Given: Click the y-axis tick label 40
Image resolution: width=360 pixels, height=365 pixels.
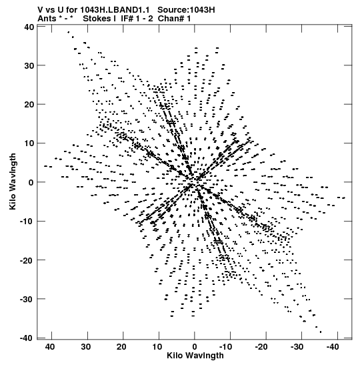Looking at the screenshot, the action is pyautogui.click(x=29, y=27).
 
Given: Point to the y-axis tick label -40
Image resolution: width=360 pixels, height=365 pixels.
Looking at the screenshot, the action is pyautogui.click(x=27, y=338).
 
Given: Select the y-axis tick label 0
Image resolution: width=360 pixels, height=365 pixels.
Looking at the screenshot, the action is pyautogui.click(x=31, y=183).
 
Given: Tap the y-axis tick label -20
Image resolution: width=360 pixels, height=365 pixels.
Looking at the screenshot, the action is pyautogui.click(x=27, y=260).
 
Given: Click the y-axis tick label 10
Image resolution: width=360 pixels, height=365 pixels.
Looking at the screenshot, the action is pyautogui.click(x=29, y=143).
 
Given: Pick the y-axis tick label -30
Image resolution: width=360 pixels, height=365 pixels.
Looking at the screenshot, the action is pyautogui.click(x=27, y=299).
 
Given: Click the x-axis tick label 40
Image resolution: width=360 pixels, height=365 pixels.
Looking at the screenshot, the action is pyautogui.click(x=50, y=347).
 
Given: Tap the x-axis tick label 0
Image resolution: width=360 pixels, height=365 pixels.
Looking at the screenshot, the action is pyautogui.click(x=195, y=347).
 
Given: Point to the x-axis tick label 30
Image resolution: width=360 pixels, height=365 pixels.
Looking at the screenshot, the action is pyautogui.click(x=86, y=347).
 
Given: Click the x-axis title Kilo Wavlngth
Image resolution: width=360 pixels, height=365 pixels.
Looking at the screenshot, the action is pyautogui.click(x=195, y=356).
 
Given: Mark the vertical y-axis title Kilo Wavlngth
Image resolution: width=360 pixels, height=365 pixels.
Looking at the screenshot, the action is pyautogui.click(x=13, y=181).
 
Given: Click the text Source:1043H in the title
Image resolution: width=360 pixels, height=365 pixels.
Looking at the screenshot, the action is pyautogui.click(x=186, y=10).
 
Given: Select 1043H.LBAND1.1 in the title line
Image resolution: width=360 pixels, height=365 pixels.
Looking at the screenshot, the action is pyautogui.click(x=115, y=10).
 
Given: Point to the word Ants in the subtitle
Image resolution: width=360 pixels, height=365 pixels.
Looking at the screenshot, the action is pyautogui.click(x=47, y=19).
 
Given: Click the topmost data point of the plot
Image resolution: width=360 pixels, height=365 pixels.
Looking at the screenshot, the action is pyautogui.click(x=69, y=32).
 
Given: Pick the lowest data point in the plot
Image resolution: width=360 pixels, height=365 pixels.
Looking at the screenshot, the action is pyautogui.click(x=321, y=332).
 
